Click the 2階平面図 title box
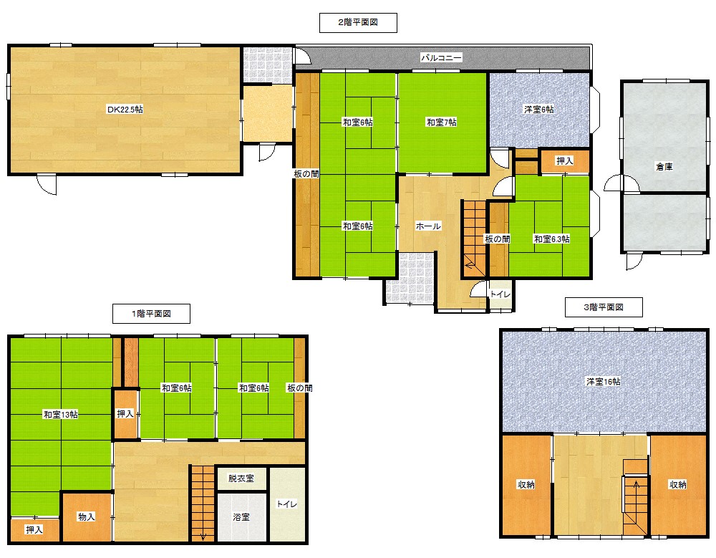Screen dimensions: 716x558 (x=358, y=23)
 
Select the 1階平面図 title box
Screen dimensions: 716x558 (x=151, y=314)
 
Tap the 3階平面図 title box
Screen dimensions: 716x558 (x=604, y=307)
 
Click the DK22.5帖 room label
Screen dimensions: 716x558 (x=125, y=110)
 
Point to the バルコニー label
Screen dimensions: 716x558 (x=441, y=57)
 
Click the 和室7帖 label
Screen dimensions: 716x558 (x=441, y=122)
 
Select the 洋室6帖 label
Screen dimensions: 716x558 (x=539, y=110)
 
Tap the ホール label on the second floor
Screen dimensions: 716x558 (x=428, y=226)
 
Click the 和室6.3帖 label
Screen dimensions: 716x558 (x=551, y=239)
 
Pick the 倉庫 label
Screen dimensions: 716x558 (x=664, y=167)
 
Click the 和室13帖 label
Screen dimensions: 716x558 (x=60, y=415)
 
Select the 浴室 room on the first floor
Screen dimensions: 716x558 (x=241, y=517)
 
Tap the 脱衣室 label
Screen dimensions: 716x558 (x=241, y=478)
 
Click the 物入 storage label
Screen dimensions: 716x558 (x=87, y=517)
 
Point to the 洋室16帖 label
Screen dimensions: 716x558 (x=603, y=382)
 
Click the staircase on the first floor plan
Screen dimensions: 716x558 (x=203, y=503)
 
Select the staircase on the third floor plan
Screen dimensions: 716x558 (x=636, y=497)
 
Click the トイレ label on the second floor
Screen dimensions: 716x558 (x=500, y=294)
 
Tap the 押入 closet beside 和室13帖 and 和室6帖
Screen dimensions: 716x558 (x=125, y=414)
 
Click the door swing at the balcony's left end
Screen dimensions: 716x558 (x=303, y=56)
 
